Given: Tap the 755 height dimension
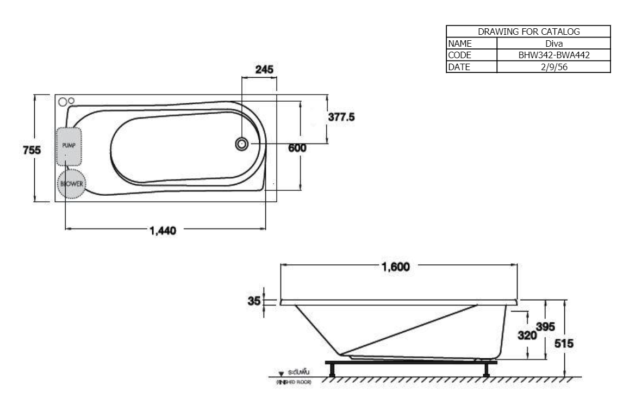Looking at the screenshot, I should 32,151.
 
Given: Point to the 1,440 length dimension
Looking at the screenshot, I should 163,231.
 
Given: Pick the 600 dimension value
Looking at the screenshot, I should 297,148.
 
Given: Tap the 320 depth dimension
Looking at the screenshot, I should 526,336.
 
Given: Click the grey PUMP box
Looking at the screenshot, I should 68,146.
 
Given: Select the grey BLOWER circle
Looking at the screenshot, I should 71,184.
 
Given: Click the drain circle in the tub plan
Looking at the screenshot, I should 242,144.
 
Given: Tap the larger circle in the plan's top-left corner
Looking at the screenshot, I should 63,102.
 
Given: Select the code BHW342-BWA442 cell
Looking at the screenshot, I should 553,55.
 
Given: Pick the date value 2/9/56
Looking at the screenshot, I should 553,67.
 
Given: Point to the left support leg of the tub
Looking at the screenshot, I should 332,371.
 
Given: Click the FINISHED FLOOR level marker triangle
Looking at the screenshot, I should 281,374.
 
